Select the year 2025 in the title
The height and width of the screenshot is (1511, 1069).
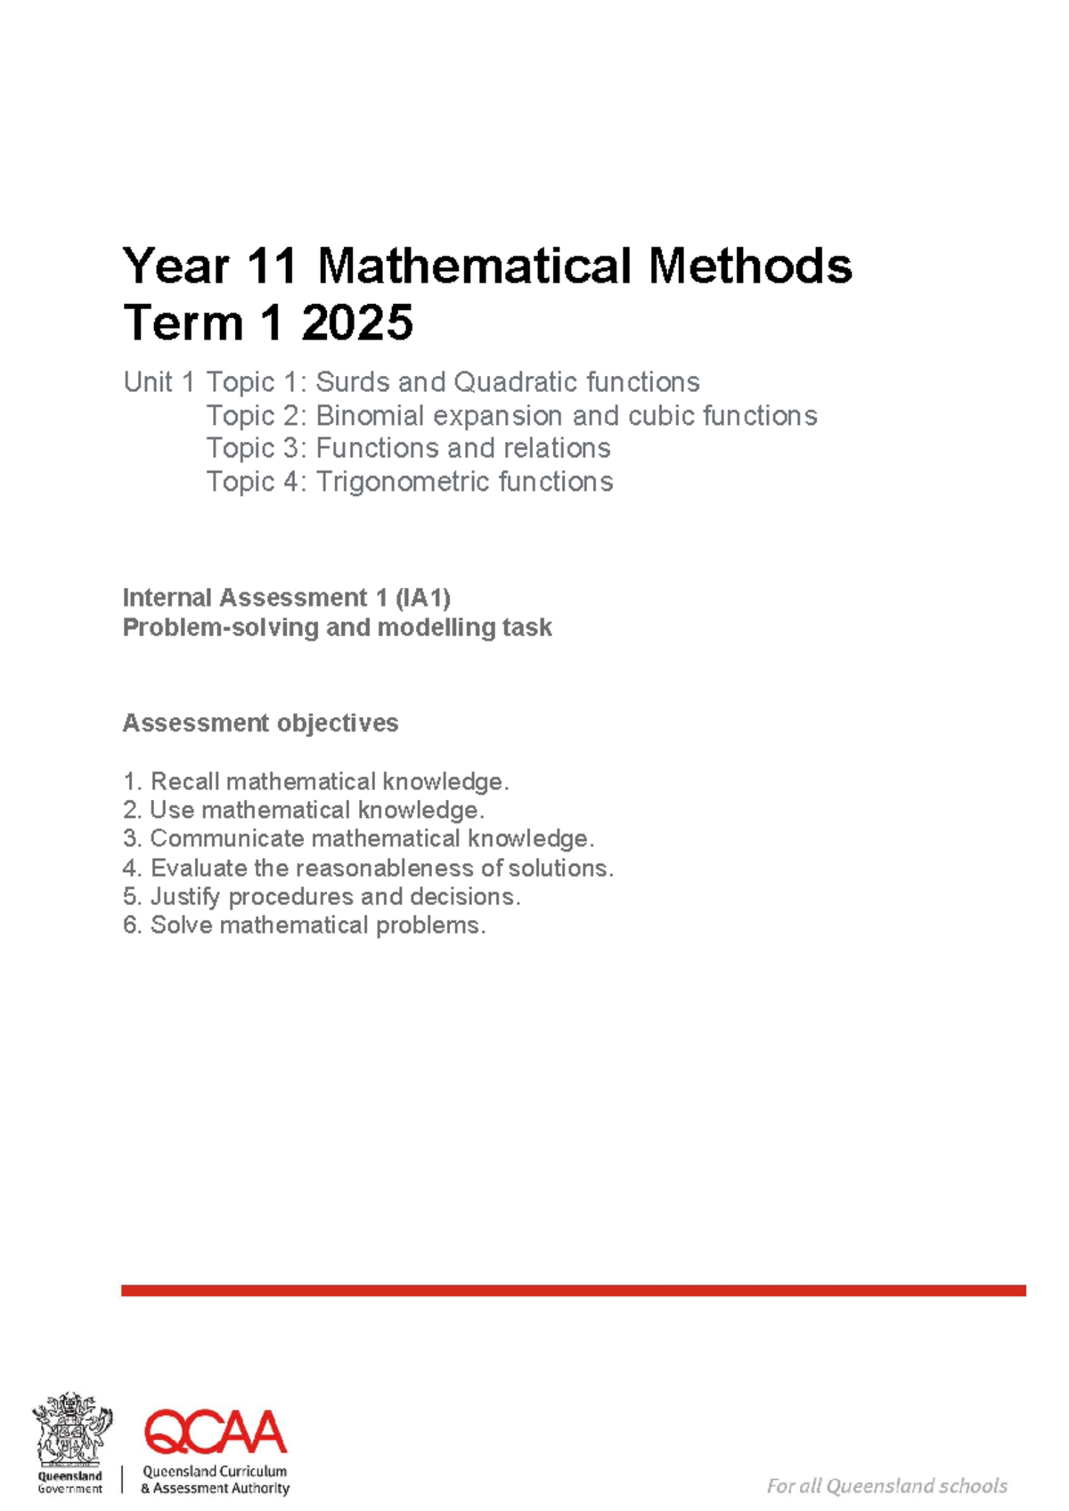pos(356,322)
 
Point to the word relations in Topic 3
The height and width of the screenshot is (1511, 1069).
pos(553,447)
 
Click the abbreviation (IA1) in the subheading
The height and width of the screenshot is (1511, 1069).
pos(422,597)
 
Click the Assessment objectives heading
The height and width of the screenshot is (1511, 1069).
pos(260,723)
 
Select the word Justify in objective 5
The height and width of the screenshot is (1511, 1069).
pos(184,896)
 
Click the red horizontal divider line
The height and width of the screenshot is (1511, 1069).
pos(574,1290)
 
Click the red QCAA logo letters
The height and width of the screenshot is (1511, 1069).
pos(216,1432)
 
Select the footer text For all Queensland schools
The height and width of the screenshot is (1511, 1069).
pos(886,1486)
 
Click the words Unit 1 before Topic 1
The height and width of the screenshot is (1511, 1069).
pos(159,382)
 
